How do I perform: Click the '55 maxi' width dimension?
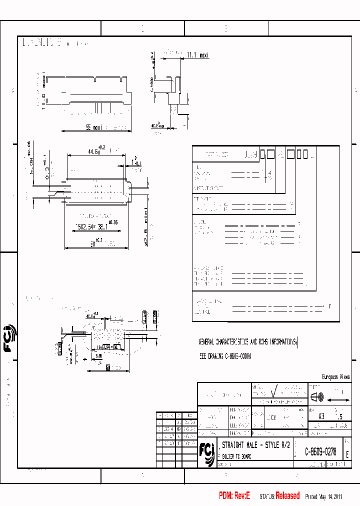click(93, 127)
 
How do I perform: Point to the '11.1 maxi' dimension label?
click(197, 55)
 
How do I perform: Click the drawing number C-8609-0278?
click(320, 452)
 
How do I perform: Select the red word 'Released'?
click(287, 496)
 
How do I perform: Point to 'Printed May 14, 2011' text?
click(323, 496)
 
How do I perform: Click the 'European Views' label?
click(335, 377)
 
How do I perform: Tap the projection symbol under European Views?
click(317, 398)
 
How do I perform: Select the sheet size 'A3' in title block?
click(321, 416)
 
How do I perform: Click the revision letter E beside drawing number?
click(347, 452)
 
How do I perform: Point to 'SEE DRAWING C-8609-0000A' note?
click(225, 357)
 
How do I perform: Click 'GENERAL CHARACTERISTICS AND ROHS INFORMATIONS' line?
click(248, 342)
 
